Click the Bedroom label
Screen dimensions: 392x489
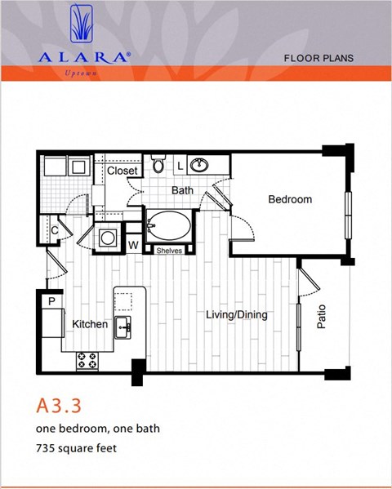tap(290, 199)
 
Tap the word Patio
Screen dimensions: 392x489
tap(321, 317)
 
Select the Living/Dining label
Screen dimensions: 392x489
tap(237, 314)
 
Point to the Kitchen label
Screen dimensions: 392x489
tap(90, 324)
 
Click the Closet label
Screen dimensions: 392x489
tap(122, 171)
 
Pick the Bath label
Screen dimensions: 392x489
tap(182, 190)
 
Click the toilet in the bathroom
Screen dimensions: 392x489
tap(158, 163)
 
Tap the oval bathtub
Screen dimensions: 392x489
tap(168, 226)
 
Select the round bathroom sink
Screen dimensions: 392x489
tap(199, 165)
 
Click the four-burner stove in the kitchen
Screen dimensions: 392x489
tap(87, 361)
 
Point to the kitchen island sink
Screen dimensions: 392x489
tap(122, 327)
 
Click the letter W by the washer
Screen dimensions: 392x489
tap(133, 245)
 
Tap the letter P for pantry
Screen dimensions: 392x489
tap(51, 301)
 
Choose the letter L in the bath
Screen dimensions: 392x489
tap(180, 167)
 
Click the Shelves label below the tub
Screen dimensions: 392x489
tap(169, 251)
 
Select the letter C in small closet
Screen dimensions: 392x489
tap(54, 230)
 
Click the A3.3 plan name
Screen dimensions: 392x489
tap(59, 406)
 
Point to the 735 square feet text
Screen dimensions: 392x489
tap(77, 448)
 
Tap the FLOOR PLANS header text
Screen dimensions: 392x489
tap(318, 58)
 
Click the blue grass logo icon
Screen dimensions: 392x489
tap(82, 24)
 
